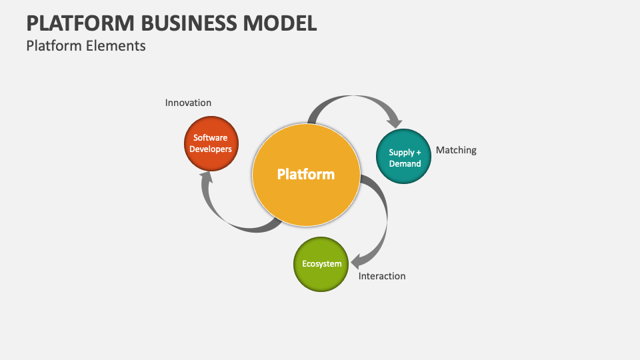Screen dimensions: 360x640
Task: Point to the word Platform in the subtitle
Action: pos(53,46)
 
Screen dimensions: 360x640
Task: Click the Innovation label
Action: pos(188,103)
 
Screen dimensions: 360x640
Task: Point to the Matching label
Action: pos(456,150)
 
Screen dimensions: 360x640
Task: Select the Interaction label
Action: pos(382,276)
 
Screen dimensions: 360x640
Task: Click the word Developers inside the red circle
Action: pos(211,149)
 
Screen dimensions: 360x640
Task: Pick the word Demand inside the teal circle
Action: pos(405,163)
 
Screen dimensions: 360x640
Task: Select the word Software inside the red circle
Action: pos(211,138)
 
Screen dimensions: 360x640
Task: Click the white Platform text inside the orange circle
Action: pos(306,175)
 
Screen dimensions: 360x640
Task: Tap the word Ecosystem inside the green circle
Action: pos(321,264)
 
